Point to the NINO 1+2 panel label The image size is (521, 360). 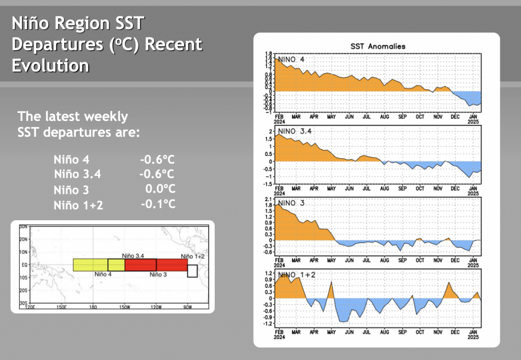click(x=296, y=275)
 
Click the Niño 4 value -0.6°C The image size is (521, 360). click(x=158, y=159)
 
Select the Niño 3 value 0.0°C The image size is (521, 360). click(x=160, y=190)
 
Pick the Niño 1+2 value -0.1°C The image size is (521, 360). click(x=158, y=204)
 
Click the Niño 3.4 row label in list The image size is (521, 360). click(x=78, y=174)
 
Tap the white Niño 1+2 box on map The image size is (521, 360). click(x=192, y=271)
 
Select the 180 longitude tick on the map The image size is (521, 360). click(x=93, y=307)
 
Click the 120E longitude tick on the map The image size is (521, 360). click(x=31, y=307)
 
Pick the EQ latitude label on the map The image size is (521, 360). click(x=24, y=265)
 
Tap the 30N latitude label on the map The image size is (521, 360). click(x=23, y=226)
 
